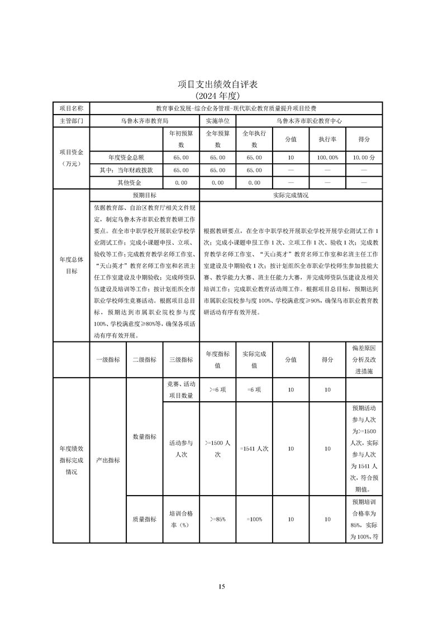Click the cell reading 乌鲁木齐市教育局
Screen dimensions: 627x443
click(x=144, y=120)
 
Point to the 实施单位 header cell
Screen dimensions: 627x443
click(x=217, y=120)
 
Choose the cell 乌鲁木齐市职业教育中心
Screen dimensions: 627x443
click(x=309, y=120)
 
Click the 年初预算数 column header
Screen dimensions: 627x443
click(x=181, y=139)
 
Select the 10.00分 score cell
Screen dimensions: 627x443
click(x=364, y=158)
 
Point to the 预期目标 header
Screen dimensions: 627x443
click(x=144, y=195)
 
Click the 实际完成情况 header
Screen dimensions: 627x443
click(x=290, y=195)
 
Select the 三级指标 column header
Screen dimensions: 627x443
click(x=181, y=360)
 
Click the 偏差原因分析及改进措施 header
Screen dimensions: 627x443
click(x=364, y=360)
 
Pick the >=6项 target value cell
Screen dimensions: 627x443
click(x=217, y=389)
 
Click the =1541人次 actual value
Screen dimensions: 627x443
click(x=254, y=448)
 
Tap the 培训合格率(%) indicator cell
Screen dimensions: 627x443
click(x=181, y=519)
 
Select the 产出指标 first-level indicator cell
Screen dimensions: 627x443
click(x=108, y=460)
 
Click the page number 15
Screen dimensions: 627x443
click(x=222, y=586)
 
